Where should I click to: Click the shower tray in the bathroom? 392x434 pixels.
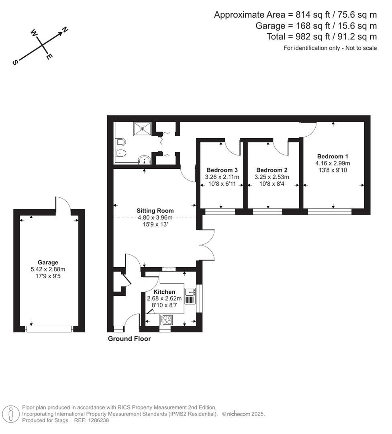pos(142,129)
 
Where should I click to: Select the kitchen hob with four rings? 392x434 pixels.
pos(167,320)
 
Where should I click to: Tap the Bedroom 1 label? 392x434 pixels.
pos(333,156)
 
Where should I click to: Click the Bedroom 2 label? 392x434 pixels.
pos(272,170)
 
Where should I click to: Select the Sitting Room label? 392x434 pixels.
pos(155,211)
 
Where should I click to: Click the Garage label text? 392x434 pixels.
pos(48,262)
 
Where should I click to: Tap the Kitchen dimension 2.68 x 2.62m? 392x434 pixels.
pos(164,299)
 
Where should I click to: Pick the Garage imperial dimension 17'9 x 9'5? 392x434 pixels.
pos(48,276)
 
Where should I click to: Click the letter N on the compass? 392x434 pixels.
pos(64,30)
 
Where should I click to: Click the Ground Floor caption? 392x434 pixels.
pos(129,339)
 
